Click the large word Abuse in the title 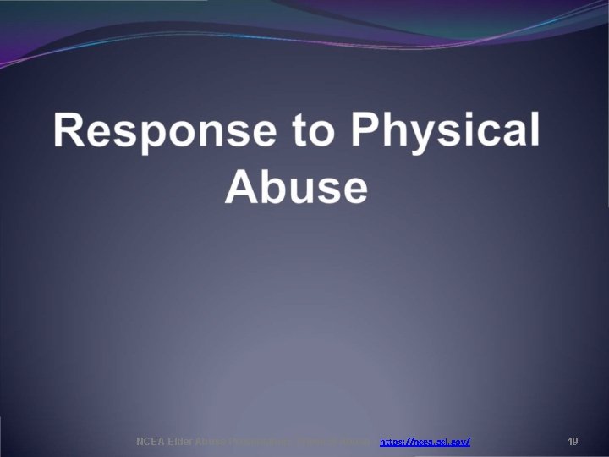pyautogui.click(x=297, y=187)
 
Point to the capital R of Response pyautogui.click(x=71, y=132)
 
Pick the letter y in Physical pyautogui.click(x=427, y=137)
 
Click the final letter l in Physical pyautogui.click(x=533, y=132)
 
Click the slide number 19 pyautogui.click(x=573, y=442)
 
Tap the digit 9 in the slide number pyautogui.click(x=575, y=442)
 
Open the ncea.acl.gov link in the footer pyautogui.click(x=425, y=442)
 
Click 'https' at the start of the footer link pyautogui.click(x=392, y=442)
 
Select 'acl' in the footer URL pyautogui.click(x=439, y=442)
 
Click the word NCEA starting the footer pyautogui.click(x=150, y=442)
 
